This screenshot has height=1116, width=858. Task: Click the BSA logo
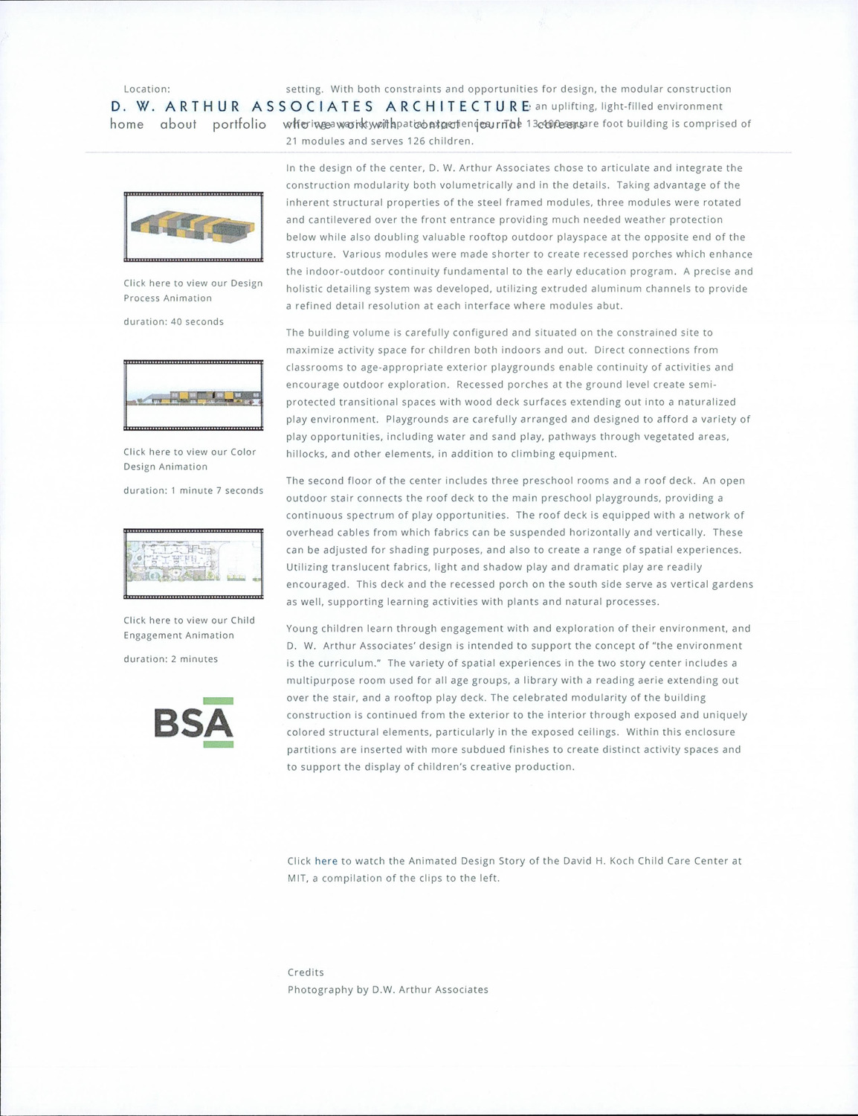point(193,722)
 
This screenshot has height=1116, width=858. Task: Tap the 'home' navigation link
point(127,124)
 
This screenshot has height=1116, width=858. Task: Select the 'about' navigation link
point(178,124)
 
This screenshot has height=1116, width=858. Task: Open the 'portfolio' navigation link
point(239,124)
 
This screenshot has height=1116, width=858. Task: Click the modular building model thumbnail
point(193,227)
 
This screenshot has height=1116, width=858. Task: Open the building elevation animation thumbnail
point(193,395)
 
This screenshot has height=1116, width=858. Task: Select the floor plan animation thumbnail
point(193,563)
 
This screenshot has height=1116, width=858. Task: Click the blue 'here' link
point(326,861)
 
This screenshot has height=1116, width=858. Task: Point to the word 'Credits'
point(306,972)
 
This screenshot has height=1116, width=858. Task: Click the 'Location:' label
point(146,89)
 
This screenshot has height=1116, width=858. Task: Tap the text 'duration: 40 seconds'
point(173,321)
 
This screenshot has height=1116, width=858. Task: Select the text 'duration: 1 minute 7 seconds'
point(193,490)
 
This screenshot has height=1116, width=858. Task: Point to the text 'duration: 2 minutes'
point(170,658)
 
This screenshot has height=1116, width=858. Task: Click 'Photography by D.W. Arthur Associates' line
point(387,990)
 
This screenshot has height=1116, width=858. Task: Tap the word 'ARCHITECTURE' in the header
point(458,106)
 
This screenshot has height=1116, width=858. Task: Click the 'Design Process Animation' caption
point(193,290)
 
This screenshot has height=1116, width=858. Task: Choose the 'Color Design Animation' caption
point(189,459)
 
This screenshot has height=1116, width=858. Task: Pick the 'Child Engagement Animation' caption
point(189,627)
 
